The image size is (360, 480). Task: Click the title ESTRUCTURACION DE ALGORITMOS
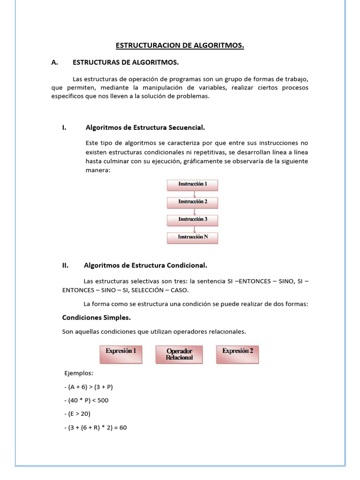180,45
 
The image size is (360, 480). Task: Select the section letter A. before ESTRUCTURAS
54,62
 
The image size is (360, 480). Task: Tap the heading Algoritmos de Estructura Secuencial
145,127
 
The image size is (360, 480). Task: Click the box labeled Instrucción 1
193,184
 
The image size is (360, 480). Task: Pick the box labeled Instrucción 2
193,202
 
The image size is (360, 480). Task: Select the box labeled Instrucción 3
193,219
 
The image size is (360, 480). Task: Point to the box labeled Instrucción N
193,237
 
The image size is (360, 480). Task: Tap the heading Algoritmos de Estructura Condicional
145,265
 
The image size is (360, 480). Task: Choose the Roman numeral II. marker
65,265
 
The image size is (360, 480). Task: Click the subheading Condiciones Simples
97,317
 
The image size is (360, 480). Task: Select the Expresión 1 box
121,354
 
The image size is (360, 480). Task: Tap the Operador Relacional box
179,354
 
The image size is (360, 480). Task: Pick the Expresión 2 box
238,354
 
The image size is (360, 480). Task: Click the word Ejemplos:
79,373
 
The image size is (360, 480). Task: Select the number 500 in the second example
103,400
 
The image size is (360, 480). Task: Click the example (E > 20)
77,414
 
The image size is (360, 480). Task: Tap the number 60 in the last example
123,427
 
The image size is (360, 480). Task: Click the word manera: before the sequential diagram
97,170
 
